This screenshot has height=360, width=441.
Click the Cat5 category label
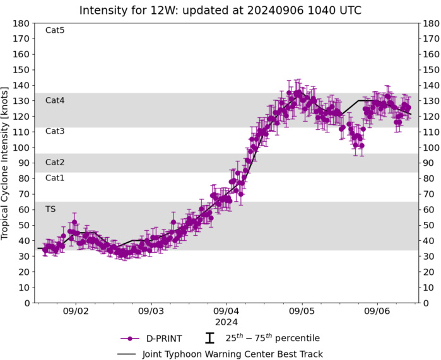pyautogui.click(x=55, y=30)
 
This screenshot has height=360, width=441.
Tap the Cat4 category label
pyautogui.click(x=55, y=100)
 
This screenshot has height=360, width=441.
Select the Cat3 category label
pyautogui.click(x=55, y=131)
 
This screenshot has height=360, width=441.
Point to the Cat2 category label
pyautogui.click(x=55, y=162)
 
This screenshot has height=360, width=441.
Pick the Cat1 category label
pyautogui.click(x=55, y=178)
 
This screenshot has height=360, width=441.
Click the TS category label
pyautogui.click(x=50, y=209)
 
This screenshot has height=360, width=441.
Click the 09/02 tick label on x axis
pyautogui.click(x=76, y=311)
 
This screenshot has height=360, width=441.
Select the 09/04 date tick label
pyautogui.click(x=226, y=311)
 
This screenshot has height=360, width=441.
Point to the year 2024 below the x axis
pyautogui.click(x=226, y=322)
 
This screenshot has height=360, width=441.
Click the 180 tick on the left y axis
pyautogui.click(x=22, y=23)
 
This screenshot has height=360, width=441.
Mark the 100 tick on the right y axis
pyautogui.click(x=430, y=148)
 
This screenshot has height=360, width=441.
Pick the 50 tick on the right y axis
pyautogui.click(x=428, y=225)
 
